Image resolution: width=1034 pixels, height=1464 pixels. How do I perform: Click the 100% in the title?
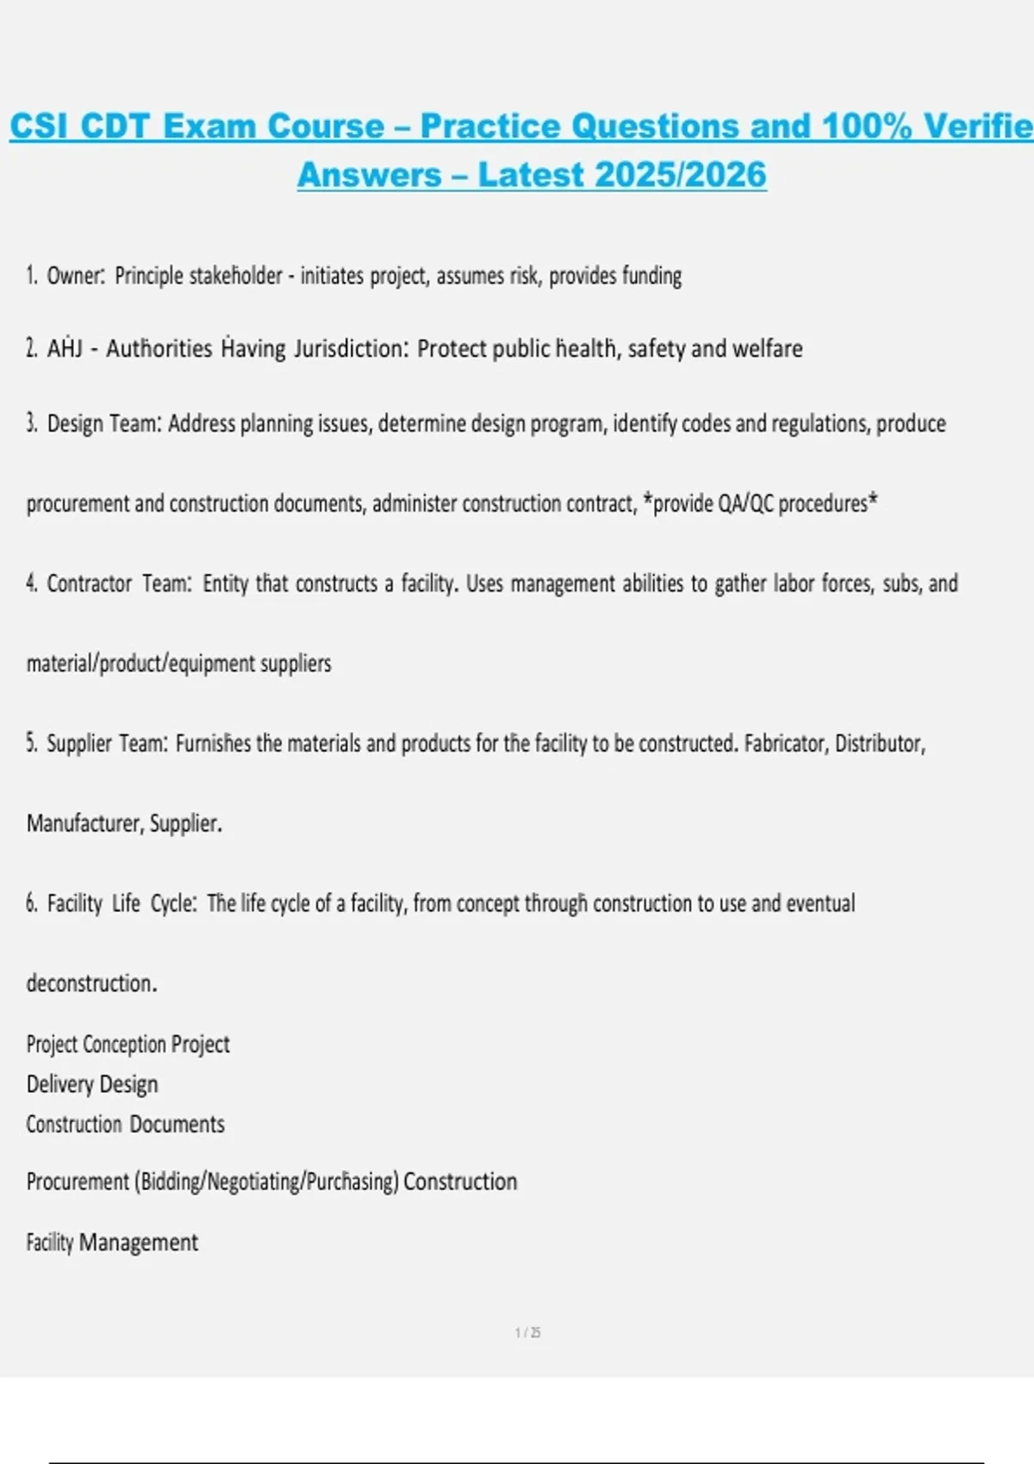(x=866, y=127)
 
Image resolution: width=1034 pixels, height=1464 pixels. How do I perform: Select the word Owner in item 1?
(x=75, y=276)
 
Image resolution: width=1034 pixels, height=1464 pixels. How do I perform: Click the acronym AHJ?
(x=65, y=349)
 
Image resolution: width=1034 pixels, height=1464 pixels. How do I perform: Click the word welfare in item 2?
(x=767, y=349)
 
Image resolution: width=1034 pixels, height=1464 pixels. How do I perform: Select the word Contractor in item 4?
(x=90, y=584)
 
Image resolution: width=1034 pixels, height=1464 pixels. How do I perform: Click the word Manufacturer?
(x=84, y=823)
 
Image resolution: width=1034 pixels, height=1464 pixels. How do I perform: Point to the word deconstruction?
(x=90, y=983)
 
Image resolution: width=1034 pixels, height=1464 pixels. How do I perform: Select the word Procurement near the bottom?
(x=78, y=1182)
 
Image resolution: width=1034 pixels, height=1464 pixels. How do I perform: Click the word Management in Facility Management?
(x=138, y=1243)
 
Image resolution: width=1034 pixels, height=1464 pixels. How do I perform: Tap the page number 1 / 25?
(x=527, y=1333)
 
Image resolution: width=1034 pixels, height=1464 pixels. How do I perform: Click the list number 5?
(x=31, y=743)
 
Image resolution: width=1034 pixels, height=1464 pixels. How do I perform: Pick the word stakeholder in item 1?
(x=235, y=276)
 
